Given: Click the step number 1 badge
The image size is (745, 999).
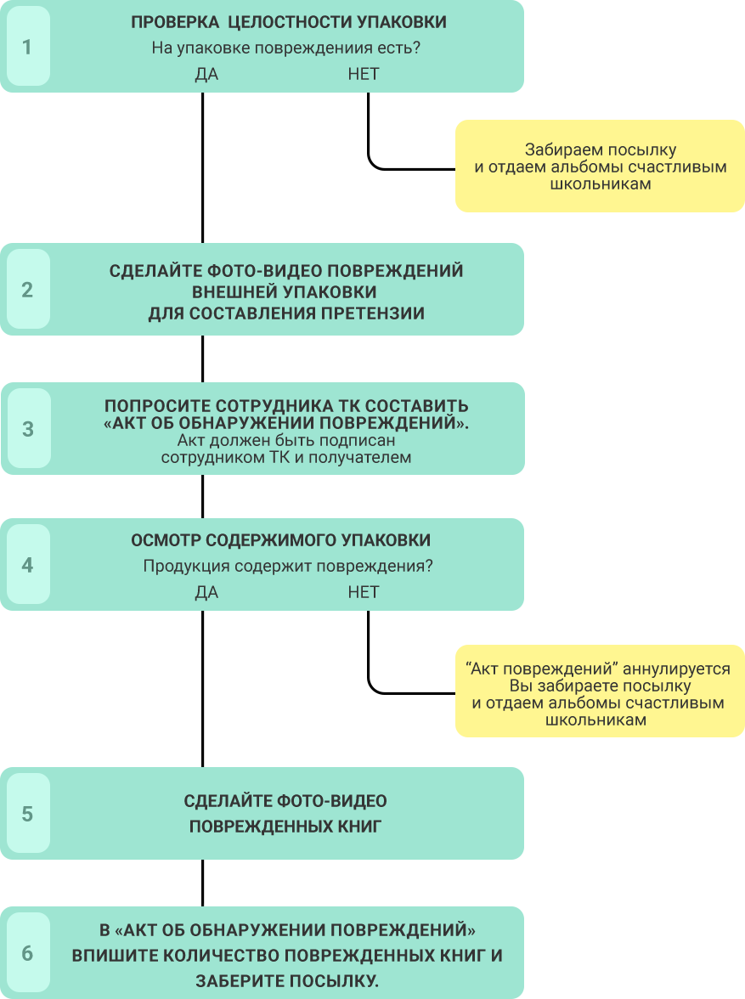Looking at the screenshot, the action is pyautogui.click(x=28, y=47).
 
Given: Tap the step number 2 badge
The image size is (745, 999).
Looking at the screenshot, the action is pyautogui.click(x=28, y=289).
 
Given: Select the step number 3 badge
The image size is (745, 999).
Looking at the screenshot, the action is pyautogui.click(x=28, y=429).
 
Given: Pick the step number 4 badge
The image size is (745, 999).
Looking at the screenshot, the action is pyautogui.click(x=28, y=564).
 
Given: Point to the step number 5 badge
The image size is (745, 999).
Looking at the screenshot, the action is pyautogui.click(x=28, y=814).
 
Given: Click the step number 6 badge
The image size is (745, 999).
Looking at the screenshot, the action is pyautogui.click(x=28, y=953).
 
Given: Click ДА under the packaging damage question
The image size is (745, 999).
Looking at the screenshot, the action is pyautogui.click(x=206, y=75).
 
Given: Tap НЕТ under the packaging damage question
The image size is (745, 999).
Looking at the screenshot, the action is pyautogui.click(x=364, y=75).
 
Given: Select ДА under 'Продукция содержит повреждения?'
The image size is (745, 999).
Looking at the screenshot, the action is pyautogui.click(x=206, y=593).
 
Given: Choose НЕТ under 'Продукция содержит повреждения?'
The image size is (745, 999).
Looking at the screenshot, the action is pyautogui.click(x=364, y=593).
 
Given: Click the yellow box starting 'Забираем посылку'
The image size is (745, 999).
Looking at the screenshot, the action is pyautogui.click(x=600, y=166).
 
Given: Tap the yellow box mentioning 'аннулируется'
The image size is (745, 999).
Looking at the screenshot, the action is pyautogui.click(x=600, y=691).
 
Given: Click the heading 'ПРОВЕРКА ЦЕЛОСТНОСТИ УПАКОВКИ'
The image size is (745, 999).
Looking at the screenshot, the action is pyautogui.click(x=289, y=22).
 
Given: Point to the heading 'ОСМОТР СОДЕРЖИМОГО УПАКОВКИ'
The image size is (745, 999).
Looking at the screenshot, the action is pyautogui.click(x=281, y=540).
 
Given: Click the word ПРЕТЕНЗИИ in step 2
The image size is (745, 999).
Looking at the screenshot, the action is pyautogui.click(x=373, y=313).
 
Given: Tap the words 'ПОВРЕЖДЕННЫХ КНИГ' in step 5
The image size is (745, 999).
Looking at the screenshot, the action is pyautogui.click(x=285, y=827).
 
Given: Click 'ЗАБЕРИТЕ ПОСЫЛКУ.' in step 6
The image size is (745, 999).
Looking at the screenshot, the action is pyautogui.click(x=287, y=981).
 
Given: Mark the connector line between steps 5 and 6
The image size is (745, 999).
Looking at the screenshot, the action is pyautogui.click(x=203, y=883).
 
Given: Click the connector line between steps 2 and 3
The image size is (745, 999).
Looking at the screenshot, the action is pyautogui.click(x=203, y=358).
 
